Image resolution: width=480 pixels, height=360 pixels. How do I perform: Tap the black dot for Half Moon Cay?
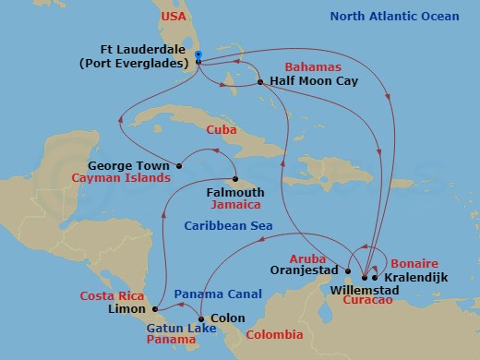[x=261, y=82]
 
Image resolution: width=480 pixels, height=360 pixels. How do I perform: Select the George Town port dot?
[x=179, y=167]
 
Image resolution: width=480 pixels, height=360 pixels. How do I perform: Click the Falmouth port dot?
[x=236, y=180]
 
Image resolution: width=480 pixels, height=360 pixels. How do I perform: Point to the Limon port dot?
[x=155, y=308]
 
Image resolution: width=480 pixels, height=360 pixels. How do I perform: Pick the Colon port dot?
[x=200, y=318]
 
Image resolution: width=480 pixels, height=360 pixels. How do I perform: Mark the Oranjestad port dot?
[x=348, y=271]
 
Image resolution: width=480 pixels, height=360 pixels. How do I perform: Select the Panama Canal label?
[x=210, y=293]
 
